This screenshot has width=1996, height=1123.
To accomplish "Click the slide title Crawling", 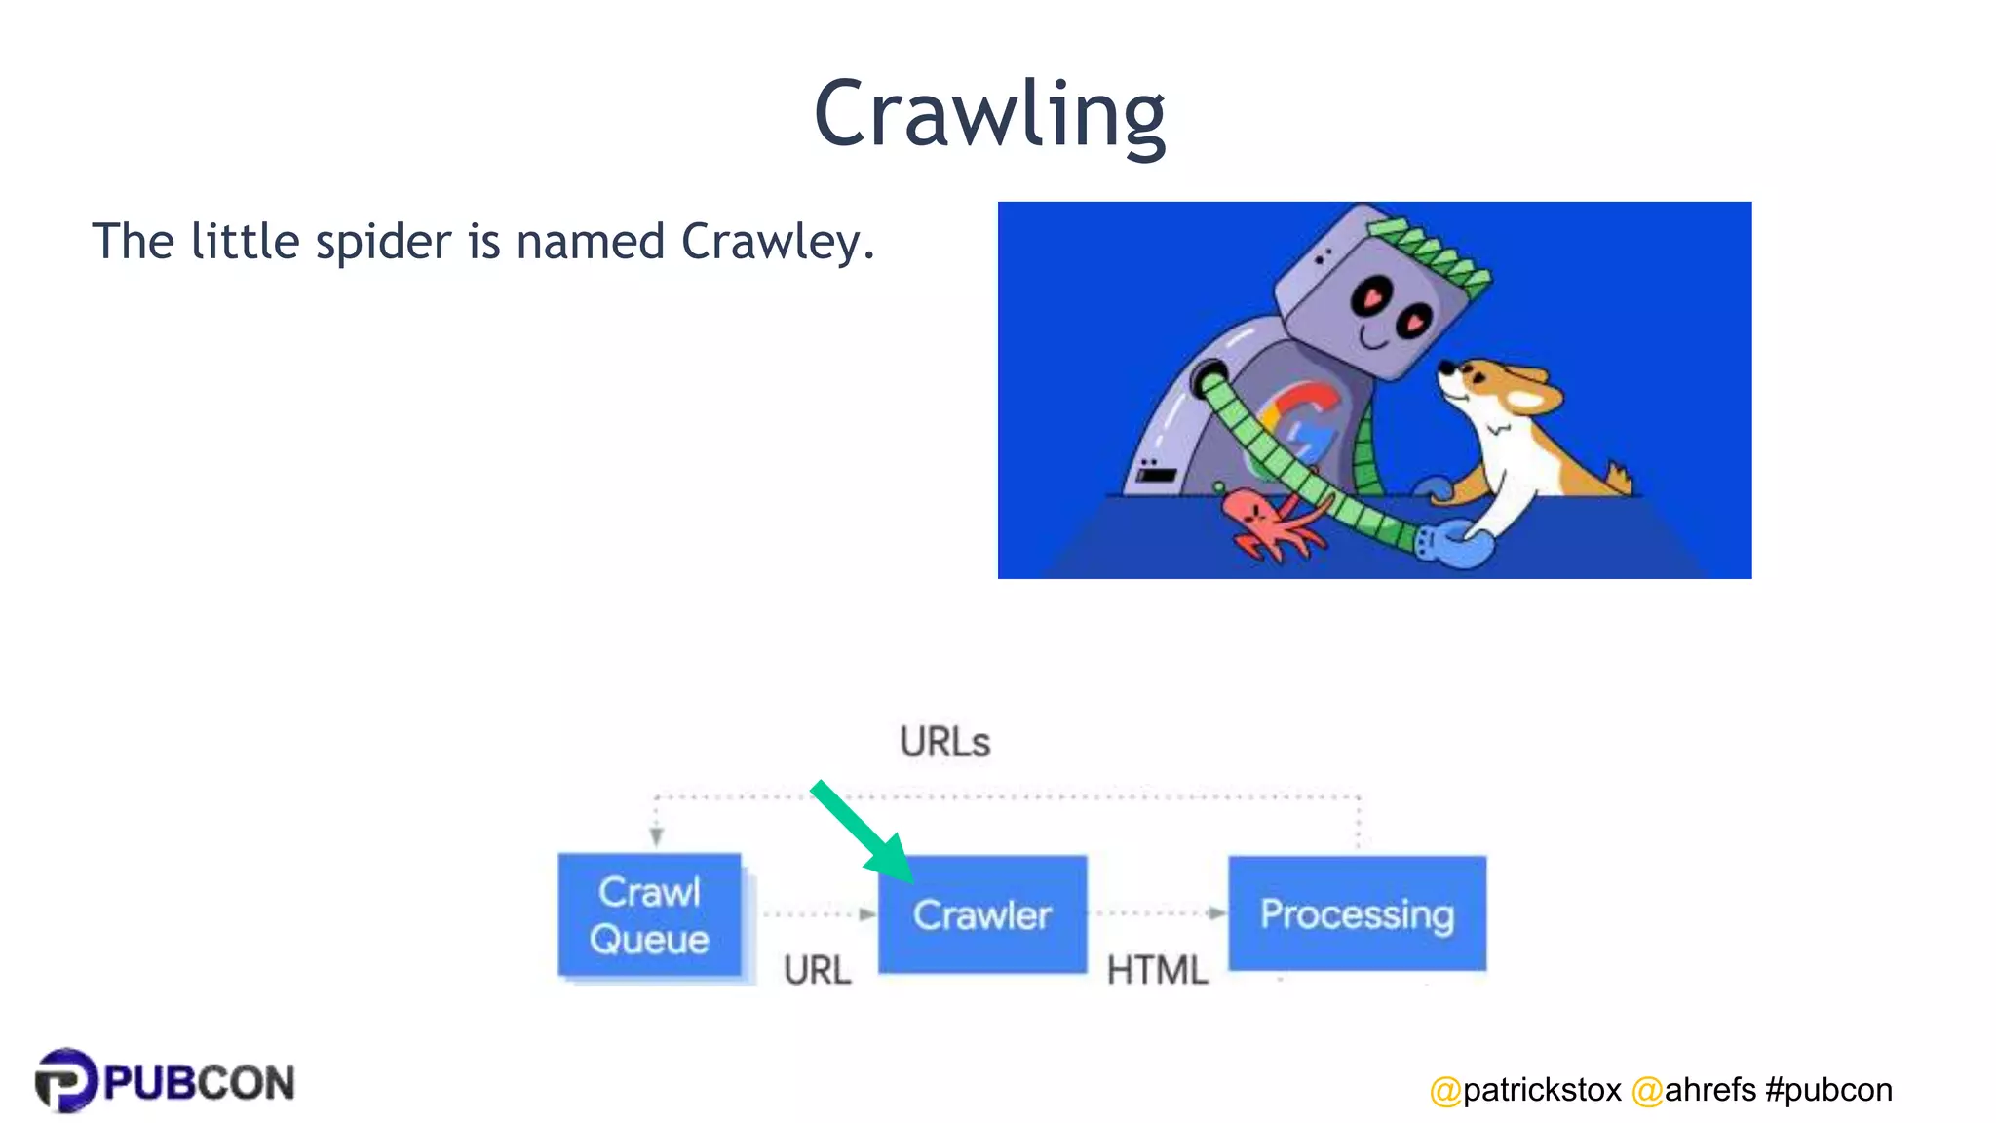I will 989,115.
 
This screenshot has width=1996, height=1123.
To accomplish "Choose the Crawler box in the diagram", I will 982,914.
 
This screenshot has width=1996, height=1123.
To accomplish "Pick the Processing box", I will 1357,913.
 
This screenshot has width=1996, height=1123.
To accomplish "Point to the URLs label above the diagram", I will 944,743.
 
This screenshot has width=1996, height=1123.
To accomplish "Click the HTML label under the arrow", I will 1157,970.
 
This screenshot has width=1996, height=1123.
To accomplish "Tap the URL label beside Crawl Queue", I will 817,970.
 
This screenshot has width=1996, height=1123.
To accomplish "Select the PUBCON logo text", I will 199,1083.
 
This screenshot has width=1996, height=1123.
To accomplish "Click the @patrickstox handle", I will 1525,1090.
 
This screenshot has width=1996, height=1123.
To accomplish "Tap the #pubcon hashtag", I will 1828,1090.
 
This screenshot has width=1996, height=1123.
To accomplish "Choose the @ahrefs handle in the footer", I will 1694,1090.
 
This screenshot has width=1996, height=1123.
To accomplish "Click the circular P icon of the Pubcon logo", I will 65,1080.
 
